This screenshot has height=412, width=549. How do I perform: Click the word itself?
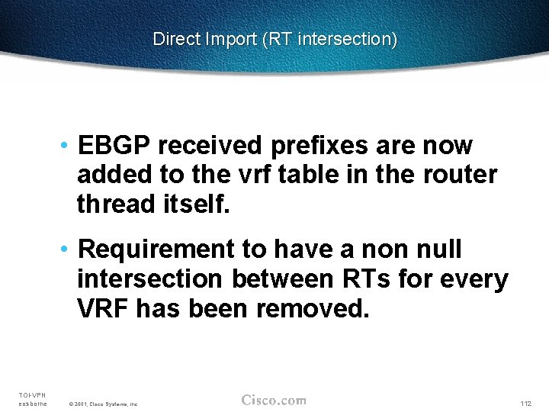pyautogui.click(x=201, y=204)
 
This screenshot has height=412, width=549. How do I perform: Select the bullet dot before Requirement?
pyautogui.click(x=68, y=249)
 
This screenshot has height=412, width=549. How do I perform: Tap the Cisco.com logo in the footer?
pyautogui.click(x=274, y=400)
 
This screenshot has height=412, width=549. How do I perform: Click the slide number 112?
pyautogui.click(x=526, y=403)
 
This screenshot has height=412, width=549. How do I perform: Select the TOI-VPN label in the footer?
pyautogui.click(x=33, y=394)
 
